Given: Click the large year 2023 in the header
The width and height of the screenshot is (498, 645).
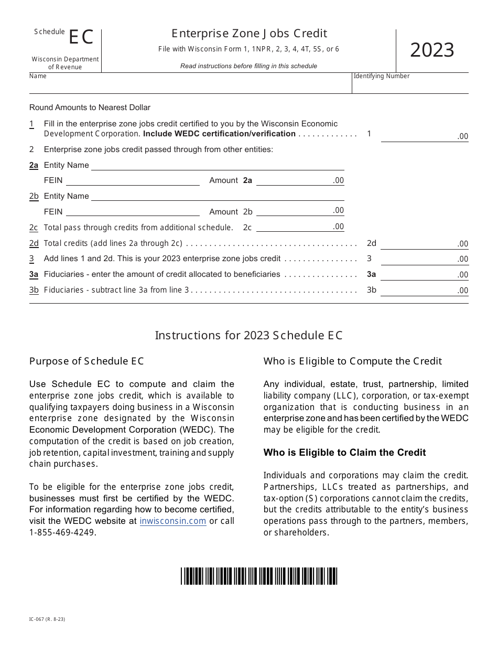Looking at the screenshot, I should tap(431, 50).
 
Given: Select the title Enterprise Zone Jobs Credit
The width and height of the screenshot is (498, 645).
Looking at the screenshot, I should tap(248, 34).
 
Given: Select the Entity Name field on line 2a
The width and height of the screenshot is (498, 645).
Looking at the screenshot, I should tap(218, 165).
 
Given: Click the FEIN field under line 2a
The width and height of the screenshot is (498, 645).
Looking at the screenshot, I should tap(132, 180).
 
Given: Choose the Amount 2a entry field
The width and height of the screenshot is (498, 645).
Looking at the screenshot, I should tap(299, 180).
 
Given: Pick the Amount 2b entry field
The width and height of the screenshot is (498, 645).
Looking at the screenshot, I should tap(299, 211).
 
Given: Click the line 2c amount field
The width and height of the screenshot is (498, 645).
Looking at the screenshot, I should tap(299, 227).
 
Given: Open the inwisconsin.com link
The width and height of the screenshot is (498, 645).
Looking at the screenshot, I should tap(172, 521).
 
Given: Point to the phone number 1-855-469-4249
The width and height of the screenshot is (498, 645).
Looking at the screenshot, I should tap(63, 532).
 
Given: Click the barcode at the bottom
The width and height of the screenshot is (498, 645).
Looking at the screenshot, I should tap(259, 576).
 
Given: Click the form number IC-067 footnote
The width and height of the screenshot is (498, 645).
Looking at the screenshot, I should tap(47, 619).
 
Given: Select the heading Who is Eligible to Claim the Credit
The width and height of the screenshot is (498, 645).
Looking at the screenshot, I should tap(344, 453).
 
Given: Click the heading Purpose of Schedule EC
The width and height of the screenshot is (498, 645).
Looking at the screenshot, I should tap(86, 361).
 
